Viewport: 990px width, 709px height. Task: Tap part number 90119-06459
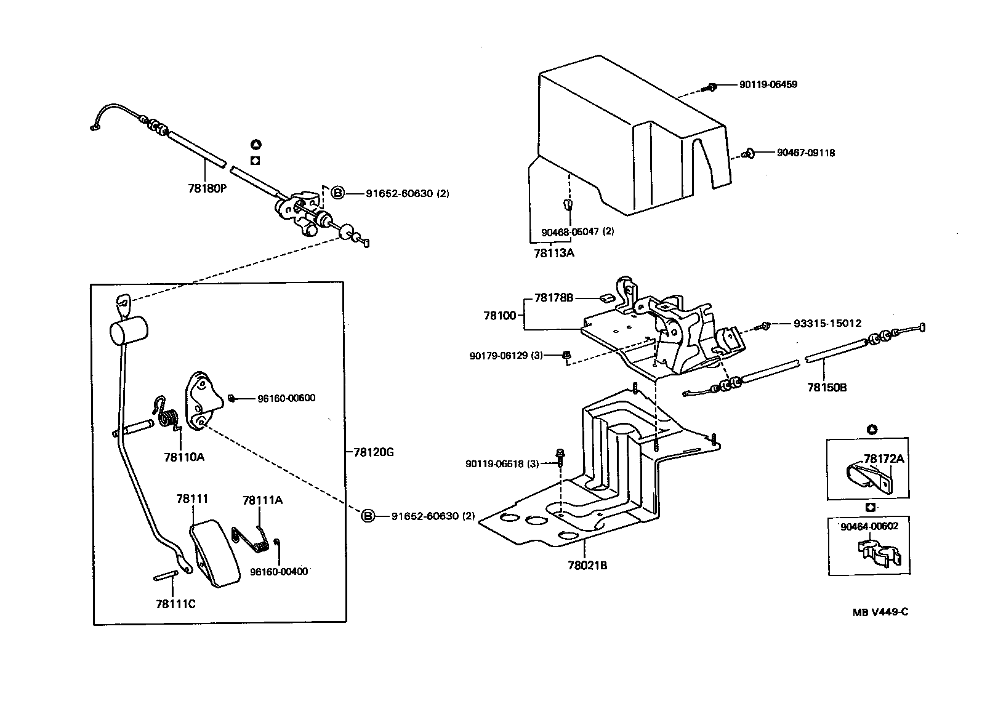(768, 84)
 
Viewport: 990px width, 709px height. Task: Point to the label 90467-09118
(805, 153)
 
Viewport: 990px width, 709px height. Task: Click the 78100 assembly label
(499, 315)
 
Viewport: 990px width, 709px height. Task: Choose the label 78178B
(553, 298)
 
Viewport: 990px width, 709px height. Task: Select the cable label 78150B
(827, 388)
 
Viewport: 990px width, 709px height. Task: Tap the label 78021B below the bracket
(587, 564)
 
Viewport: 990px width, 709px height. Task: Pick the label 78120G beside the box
(373, 452)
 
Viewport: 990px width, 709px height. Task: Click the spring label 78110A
(184, 457)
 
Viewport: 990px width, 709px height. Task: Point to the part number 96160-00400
(278, 571)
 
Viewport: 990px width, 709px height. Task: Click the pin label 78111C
(175, 604)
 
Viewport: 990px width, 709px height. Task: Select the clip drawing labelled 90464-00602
(879, 552)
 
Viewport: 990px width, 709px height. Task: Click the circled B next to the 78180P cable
(338, 193)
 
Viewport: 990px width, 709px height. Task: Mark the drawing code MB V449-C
(880, 612)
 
